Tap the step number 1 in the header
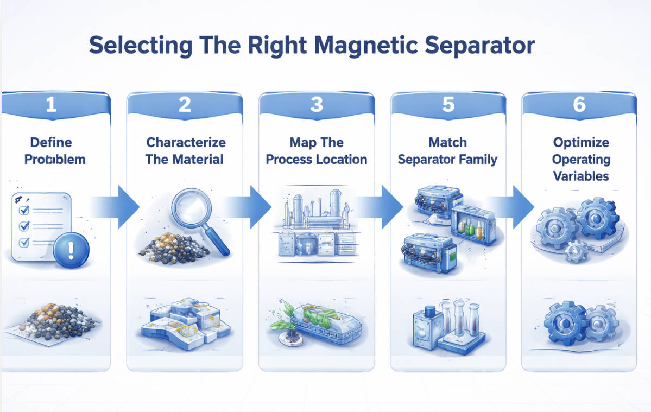pyautogui.click(x=51, y=104)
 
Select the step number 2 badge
pyautogui.click(x=185, y=104)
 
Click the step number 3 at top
pyautogui.click(x=317, y=104)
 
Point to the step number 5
pyautogui.click(x=448, y=104)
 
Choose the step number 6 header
pyautogui.click(x=579, y=104)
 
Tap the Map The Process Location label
pyautogui.click(x=317, y=151)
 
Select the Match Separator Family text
pyautogui.click(x=448, y=151)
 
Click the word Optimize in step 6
pyautogui.click(x=581, y=143)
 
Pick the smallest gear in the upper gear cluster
pyautogui.click(x=576, y=251)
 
